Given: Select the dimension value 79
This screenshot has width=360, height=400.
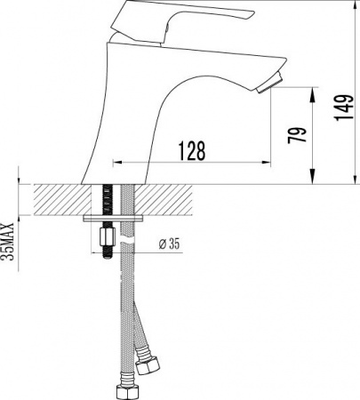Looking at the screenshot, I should (x=300, y=135).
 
